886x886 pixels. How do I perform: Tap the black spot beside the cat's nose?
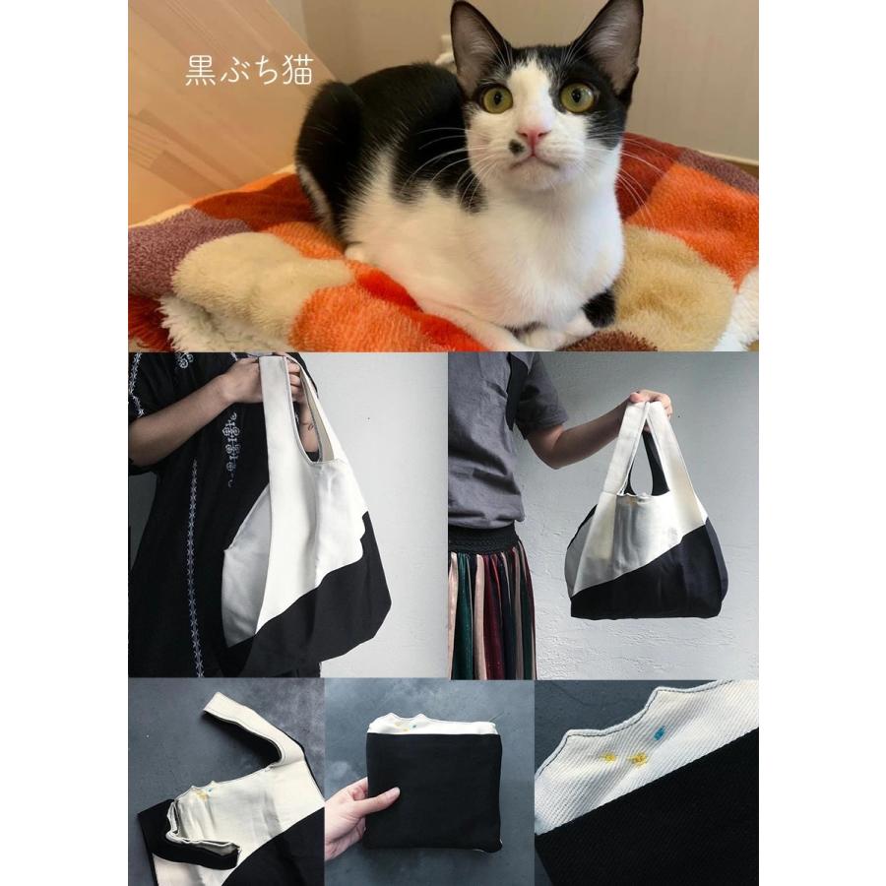click(x=514, y=149)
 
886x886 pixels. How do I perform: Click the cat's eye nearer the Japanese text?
click(x=496, y=97)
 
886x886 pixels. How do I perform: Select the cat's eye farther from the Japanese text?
click(x=576, y=95)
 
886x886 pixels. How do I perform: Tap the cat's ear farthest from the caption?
click(x=619, y=34)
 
